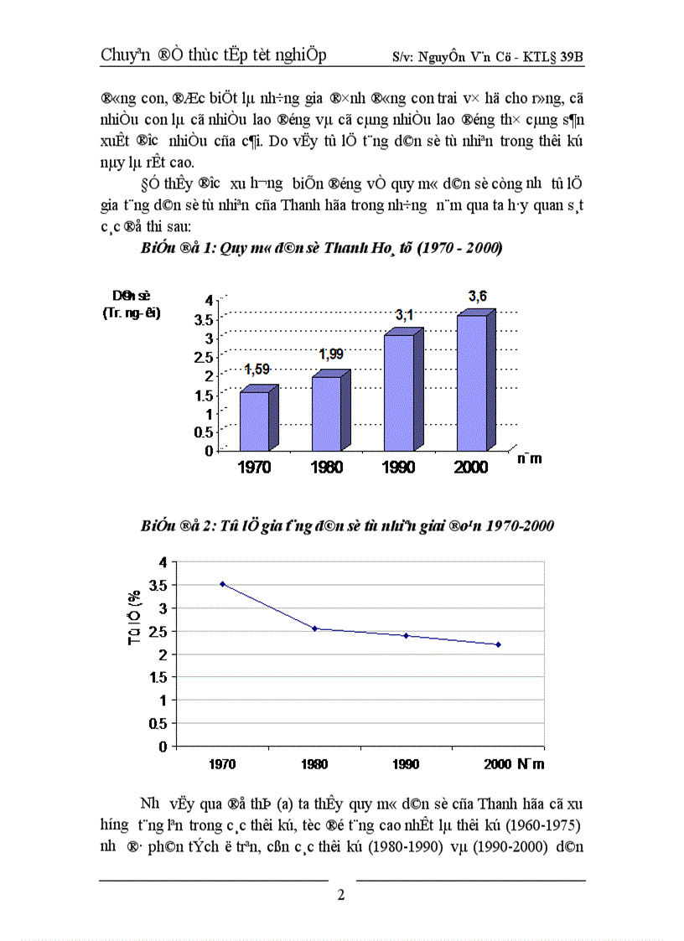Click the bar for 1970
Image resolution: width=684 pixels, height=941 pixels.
pos(254,420)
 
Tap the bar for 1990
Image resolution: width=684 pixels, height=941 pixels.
pos(399,391)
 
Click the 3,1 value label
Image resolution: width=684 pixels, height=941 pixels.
pos(405,314)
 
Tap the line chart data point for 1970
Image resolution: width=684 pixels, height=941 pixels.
pos(223,583)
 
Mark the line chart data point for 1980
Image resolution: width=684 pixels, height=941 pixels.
pos(314,628)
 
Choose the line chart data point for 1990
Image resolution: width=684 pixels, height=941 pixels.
pos(406,636)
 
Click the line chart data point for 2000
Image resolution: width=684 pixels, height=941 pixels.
pos(498,644)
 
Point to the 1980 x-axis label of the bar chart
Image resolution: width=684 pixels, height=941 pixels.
pos(326,467)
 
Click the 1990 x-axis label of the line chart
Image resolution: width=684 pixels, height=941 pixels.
pos(406,764)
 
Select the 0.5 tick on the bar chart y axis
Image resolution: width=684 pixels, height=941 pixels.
pos(203,432)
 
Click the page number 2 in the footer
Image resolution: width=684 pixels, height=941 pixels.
pos(341,895)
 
